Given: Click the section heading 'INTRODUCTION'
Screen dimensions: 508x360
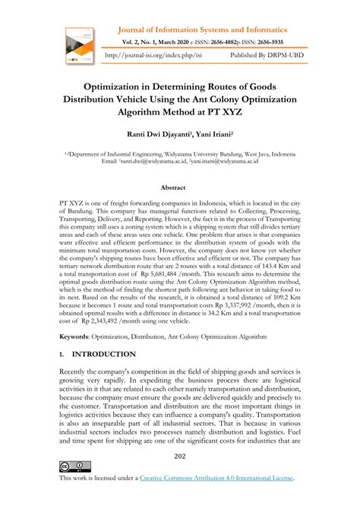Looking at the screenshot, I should (x=105, y=355).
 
